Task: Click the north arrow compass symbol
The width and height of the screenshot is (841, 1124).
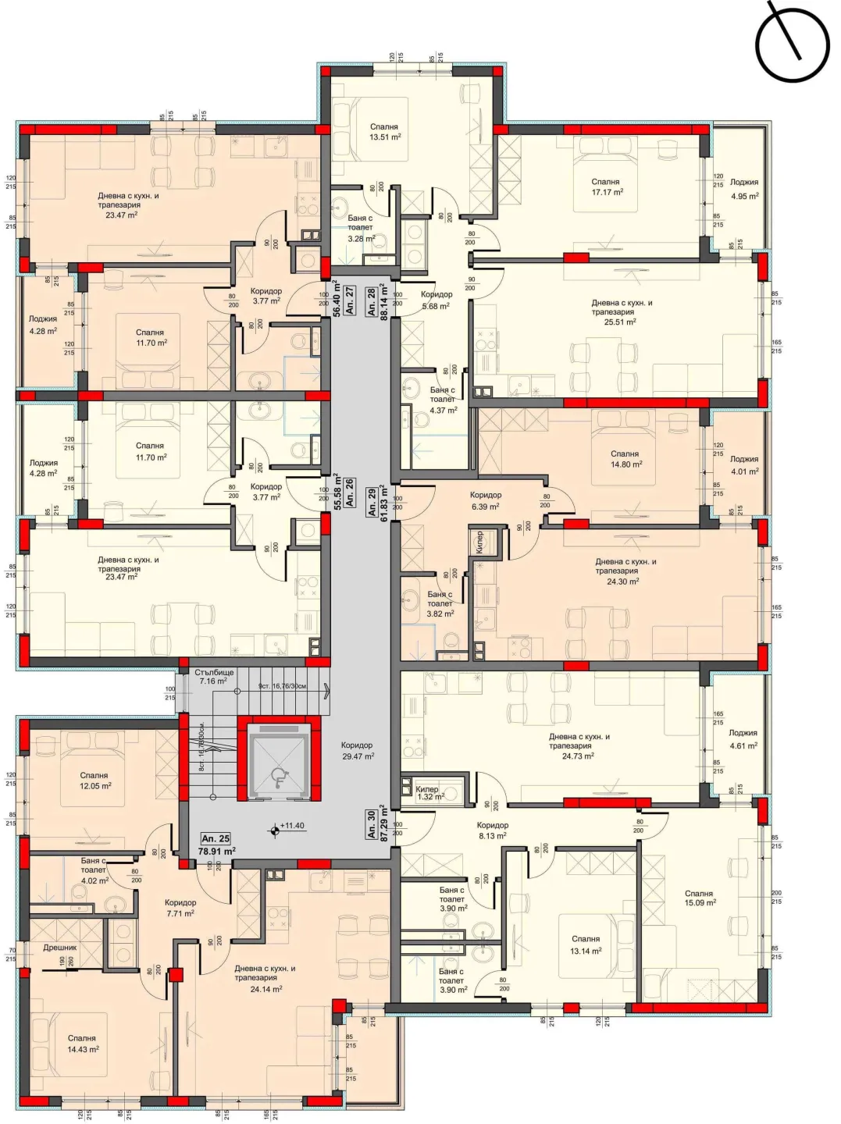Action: coord(791,44)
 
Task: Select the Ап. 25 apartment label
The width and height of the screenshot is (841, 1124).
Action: coord(216,838)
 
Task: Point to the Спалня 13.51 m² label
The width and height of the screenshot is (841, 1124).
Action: coord(384,132)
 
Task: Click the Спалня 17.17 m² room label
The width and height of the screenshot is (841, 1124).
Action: coord(606,187)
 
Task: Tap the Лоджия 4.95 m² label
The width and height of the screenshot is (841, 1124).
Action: coord(743,189)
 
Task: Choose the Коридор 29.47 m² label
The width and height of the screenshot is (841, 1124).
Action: coord(357,751)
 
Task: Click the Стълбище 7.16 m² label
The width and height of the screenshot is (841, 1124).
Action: coord(214,676)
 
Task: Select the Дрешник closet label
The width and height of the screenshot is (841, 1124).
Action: coord(59,948)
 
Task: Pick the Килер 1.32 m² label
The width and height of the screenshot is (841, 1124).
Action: coord(429,793)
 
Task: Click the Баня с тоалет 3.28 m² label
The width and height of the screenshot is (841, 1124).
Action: coord(360,229)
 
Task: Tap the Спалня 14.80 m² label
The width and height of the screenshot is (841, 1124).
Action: coord(625,459)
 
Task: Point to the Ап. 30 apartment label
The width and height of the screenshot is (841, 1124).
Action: coord(372,824)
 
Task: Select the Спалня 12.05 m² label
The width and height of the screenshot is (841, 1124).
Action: coord(94,781)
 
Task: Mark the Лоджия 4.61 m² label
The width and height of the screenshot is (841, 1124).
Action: coord(743,739)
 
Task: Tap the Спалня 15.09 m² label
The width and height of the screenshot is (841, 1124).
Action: coord(699,898)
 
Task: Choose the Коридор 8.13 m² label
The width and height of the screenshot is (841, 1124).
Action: coord(492,830)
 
